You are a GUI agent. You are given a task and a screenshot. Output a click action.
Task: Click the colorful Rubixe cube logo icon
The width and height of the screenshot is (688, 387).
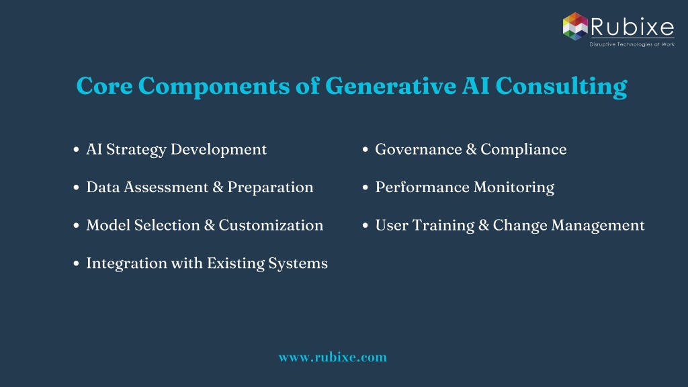575,26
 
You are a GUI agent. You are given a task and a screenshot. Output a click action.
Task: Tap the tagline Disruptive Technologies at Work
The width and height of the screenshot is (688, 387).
632,44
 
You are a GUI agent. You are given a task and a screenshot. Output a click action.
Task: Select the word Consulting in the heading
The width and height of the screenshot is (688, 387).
561,87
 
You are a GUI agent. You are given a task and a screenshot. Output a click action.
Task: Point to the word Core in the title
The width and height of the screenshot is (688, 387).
104,86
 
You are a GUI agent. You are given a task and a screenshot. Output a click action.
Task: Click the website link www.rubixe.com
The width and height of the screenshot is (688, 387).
333,357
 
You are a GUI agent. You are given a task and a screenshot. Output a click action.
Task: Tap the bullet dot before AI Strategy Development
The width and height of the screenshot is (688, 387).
77,150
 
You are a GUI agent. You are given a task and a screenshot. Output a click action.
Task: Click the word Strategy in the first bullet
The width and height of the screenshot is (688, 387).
136,150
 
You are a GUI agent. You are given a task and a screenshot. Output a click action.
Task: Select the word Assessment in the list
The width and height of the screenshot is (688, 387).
167,187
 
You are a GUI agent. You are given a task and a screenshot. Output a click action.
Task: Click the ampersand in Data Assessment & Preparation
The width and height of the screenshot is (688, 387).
218,187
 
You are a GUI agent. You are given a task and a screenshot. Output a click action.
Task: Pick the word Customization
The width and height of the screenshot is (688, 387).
271,225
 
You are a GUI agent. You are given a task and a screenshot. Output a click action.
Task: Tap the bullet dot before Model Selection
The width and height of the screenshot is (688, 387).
77,226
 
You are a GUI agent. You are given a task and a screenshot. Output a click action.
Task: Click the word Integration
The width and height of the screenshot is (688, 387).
120,263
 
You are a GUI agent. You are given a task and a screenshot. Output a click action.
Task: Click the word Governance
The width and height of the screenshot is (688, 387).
419,150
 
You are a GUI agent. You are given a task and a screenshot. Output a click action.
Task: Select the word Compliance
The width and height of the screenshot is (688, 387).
523,150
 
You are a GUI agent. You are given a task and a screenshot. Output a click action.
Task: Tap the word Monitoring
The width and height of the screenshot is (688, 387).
514,188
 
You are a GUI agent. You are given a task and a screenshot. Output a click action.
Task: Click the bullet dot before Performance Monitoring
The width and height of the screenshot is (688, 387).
365,187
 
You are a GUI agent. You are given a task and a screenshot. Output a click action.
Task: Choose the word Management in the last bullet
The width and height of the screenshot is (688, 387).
598,226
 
